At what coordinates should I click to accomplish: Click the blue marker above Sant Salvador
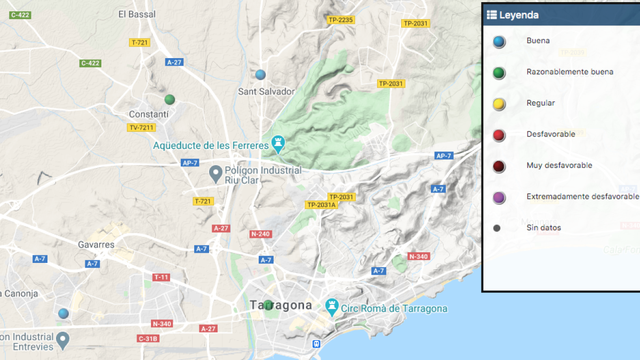[x=260, y=74]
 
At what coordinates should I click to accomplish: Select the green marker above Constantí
[x=170, y=99]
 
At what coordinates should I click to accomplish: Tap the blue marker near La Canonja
[x=63, y=313]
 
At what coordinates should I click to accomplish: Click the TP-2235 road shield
[x=341, y=20]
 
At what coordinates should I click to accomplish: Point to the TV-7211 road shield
[x=141, y=127]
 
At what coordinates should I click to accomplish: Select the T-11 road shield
[x=161, y=277]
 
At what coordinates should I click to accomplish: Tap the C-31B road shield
[x=148, y=338]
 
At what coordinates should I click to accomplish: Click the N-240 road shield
[x=260, y=234]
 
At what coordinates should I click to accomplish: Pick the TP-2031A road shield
[x=322, y=205]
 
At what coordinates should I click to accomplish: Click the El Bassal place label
[x=137, y=14]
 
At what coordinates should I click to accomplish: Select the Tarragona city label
[x=281, y=306]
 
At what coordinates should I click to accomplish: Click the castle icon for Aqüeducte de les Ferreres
[x=277, y=143]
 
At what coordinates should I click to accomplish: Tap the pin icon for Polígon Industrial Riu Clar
[x=215, y=174]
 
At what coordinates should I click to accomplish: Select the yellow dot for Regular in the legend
[x=499, y=105]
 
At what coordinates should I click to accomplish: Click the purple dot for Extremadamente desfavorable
[x=499, y=198]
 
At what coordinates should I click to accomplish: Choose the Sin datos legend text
[x=543, y=228]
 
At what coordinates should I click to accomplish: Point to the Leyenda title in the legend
[x=518, y=15]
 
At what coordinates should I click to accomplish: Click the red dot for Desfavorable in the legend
[x=499, y=135]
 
